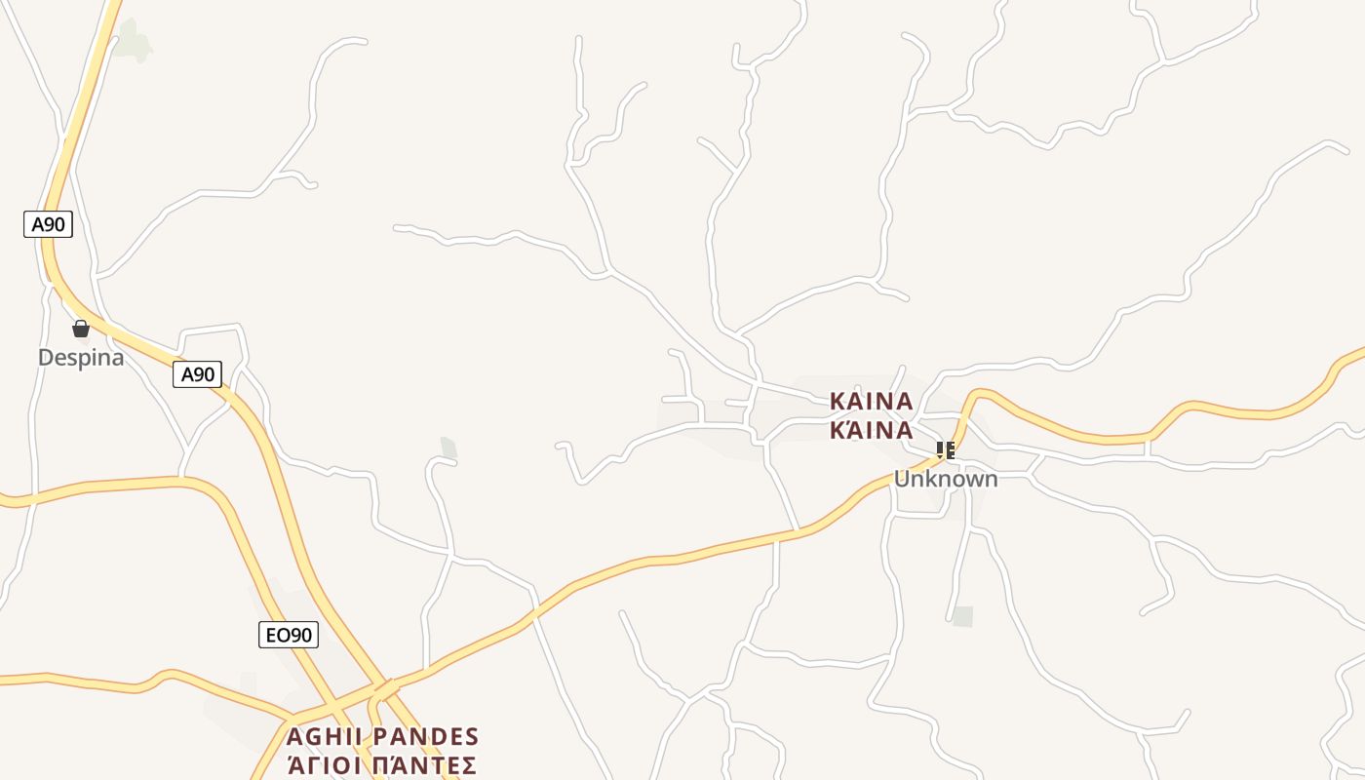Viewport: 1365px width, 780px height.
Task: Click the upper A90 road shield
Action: click(48, 224)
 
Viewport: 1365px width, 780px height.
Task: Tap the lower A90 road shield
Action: click(198, 374)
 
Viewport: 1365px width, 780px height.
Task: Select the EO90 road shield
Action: click(290, 635)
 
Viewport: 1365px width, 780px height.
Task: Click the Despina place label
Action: click(81, 358)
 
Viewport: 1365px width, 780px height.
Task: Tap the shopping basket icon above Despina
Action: click(81, 330)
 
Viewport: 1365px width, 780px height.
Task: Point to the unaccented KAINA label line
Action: click(871, 401)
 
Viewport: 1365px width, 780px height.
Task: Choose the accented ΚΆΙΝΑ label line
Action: click(871, 430)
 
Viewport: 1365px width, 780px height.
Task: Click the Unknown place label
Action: click(946, 479)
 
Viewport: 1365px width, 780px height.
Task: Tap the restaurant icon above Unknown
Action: click(945, 449)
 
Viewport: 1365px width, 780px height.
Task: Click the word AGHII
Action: click(327, 736)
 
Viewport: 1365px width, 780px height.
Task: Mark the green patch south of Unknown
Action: click(962, 616)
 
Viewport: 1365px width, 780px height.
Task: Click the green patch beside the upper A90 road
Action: click(135, 41)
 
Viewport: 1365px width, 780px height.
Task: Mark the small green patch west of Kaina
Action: click(448, 448)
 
